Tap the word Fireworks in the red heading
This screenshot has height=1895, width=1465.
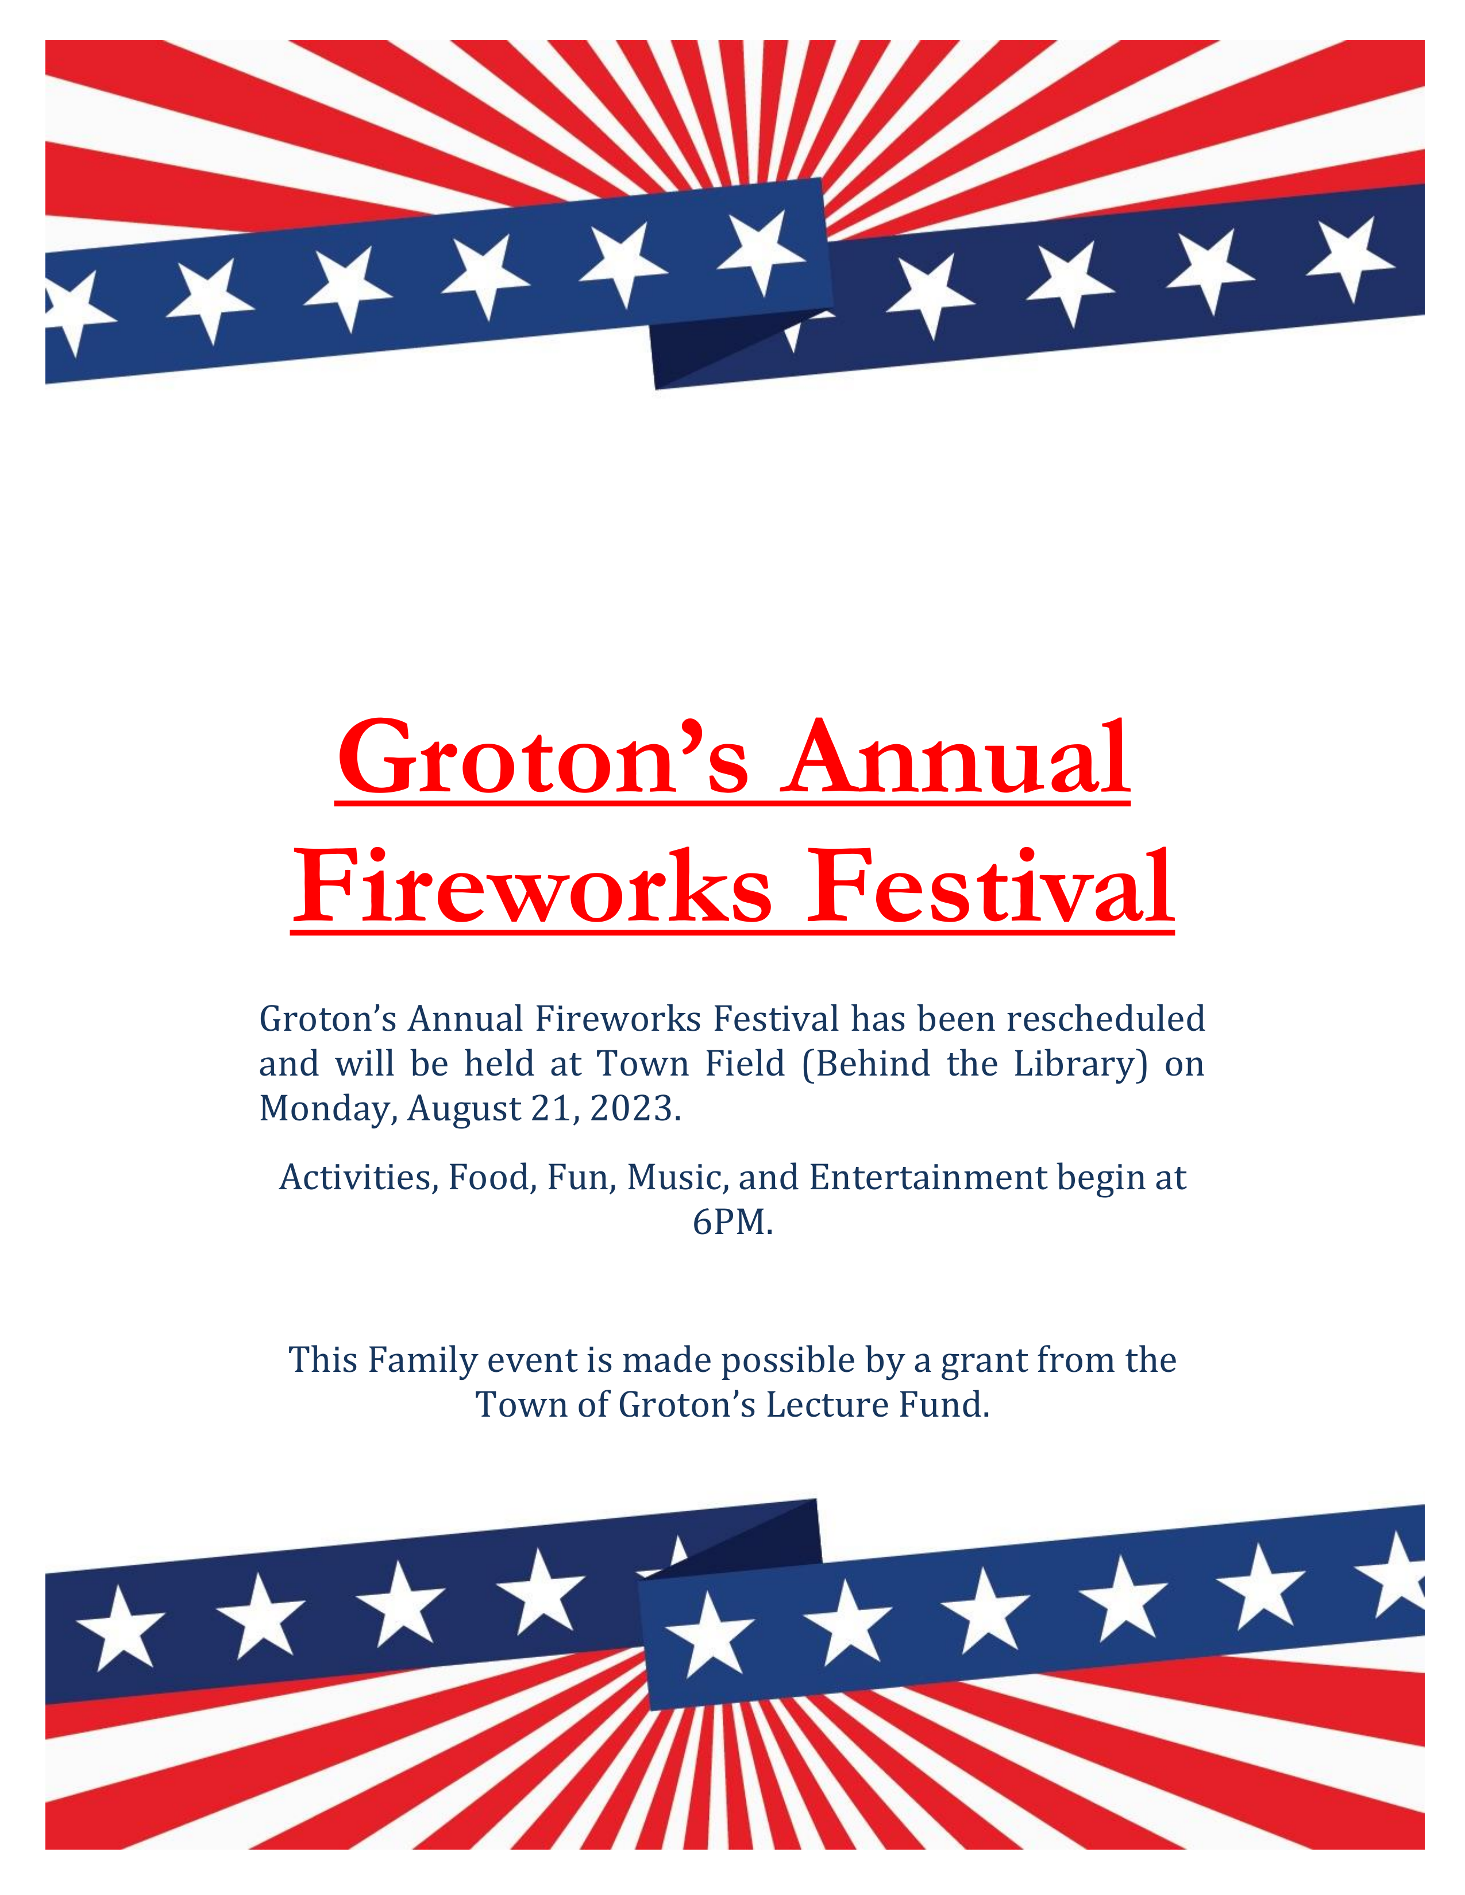point(531,888)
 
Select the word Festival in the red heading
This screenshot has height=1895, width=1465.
point(990,888)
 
